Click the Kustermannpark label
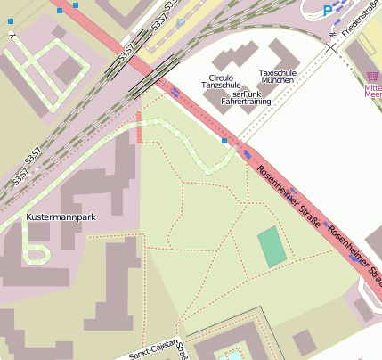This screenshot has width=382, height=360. click(x=61, y=217)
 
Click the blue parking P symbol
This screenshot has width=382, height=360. click(x=328, y=10)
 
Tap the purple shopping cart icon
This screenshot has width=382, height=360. click(x=371, y=78)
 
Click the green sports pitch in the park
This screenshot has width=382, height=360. click(x=272, y=247)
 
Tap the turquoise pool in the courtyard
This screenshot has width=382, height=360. click(x=232, y=356)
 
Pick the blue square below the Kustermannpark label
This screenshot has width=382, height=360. click(x=37, y=252)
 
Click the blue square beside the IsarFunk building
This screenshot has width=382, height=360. click(x=224, y=141)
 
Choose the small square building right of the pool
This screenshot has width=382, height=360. click(x=305, y=341)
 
